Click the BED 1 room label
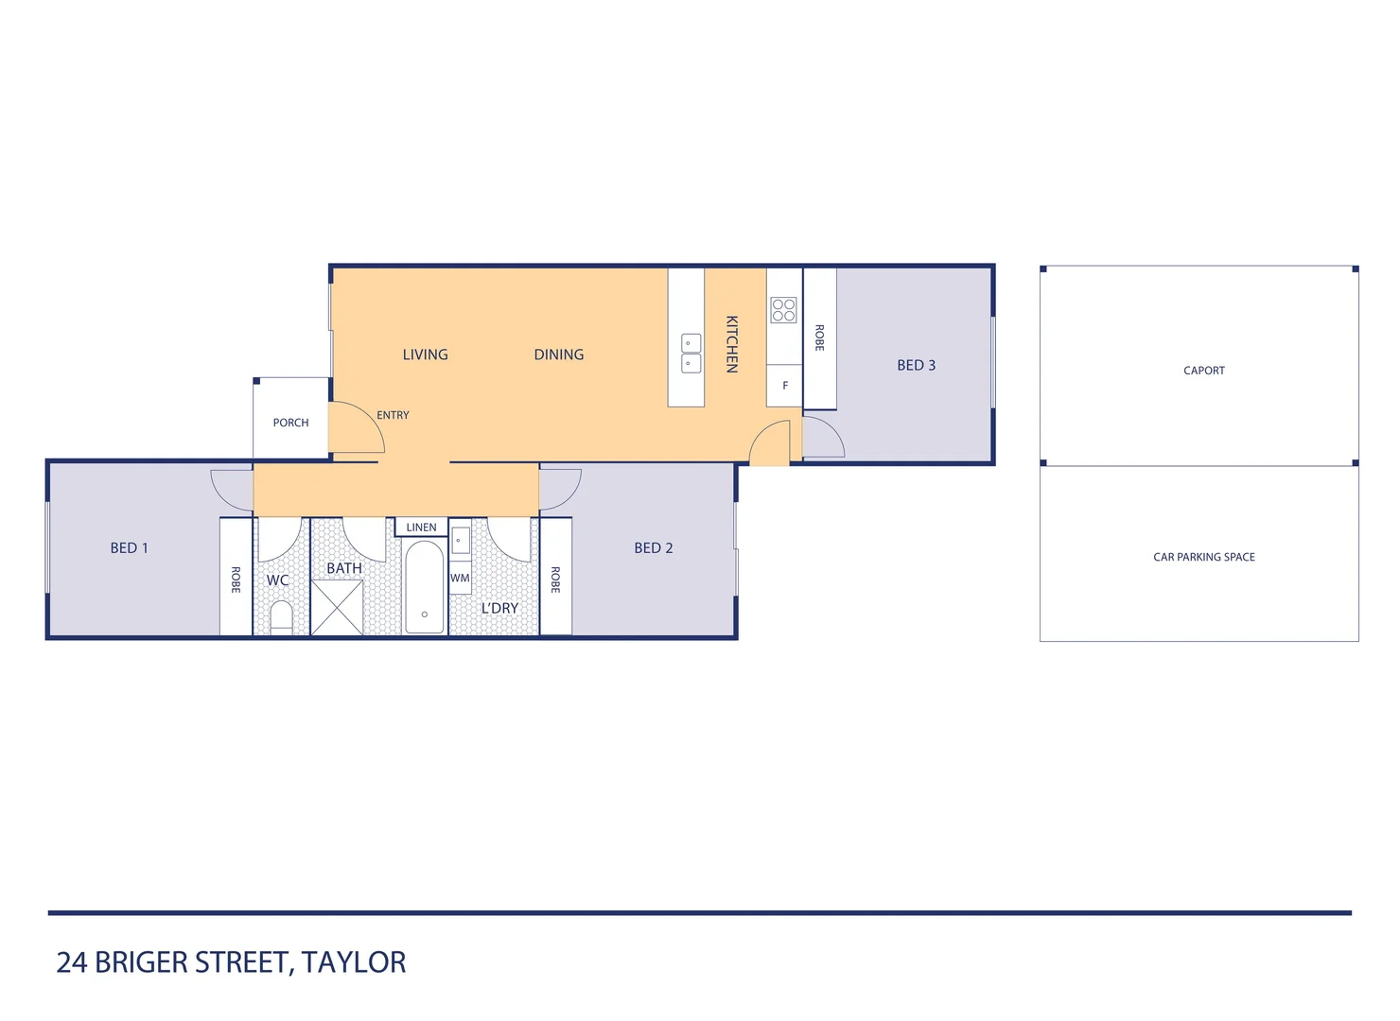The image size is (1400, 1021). click(130, 548)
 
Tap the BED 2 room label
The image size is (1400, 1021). click(654, 548)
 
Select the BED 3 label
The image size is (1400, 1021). click(916, 366)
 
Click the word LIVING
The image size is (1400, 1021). click(425, 355)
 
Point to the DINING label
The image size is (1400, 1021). click(558, 355)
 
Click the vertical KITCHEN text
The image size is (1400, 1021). click(731, 344)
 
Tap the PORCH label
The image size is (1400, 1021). click(290, 423)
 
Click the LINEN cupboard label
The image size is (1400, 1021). click(421, 528)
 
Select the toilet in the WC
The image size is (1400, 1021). click(281, 617)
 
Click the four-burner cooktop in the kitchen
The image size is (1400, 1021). click(783, 310)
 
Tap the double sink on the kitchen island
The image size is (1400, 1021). click(691, 353)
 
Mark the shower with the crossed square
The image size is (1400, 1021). click(337, 608)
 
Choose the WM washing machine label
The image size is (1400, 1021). click(460, 579)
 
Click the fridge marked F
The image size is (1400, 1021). click(784, 386)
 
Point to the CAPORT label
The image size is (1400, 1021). click(1203, 371)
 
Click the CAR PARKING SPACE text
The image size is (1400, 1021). click(1203, 557)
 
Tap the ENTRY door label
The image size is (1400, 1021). click(393, 415)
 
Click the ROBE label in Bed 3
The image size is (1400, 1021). click(819, 338)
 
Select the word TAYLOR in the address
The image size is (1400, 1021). click(354, 962)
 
